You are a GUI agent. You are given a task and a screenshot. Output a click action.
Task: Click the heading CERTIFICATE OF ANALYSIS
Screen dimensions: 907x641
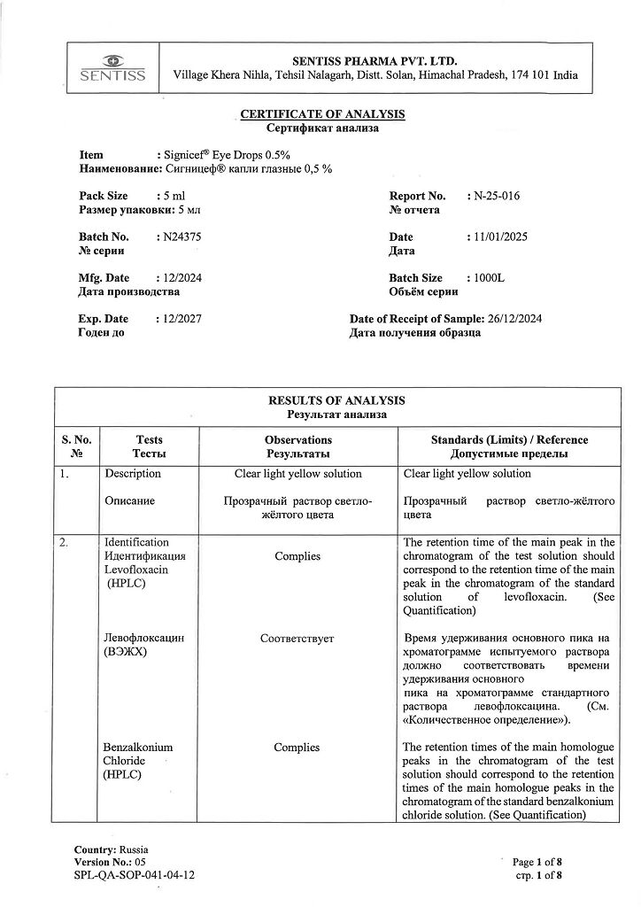click(x=323, y=114)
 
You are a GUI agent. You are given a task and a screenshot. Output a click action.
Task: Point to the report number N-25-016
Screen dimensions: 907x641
click(x=497, y=197)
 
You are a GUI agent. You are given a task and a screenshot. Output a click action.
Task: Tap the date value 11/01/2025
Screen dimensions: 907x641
click(x=502, y=237)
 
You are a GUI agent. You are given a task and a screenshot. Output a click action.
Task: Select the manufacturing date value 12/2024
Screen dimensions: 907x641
click(x=181, y=278)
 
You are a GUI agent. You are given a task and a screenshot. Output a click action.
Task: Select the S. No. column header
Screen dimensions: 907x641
click(x=77, y=440)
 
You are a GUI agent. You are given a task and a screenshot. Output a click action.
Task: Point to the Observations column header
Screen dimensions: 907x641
click(x=298, y=440)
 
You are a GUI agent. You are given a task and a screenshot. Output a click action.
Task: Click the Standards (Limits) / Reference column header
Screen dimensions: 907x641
click(x=509, y=440)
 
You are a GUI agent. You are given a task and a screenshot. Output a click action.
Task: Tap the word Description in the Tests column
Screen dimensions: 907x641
click(x=133, y=474)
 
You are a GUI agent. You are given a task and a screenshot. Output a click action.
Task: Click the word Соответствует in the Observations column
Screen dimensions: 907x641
click(x=297, y=638)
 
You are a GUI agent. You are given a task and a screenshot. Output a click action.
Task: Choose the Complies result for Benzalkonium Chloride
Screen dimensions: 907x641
click(x=297, y=748)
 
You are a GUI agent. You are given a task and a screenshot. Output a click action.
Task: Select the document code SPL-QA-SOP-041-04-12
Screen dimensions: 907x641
click(x=135, y=874)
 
